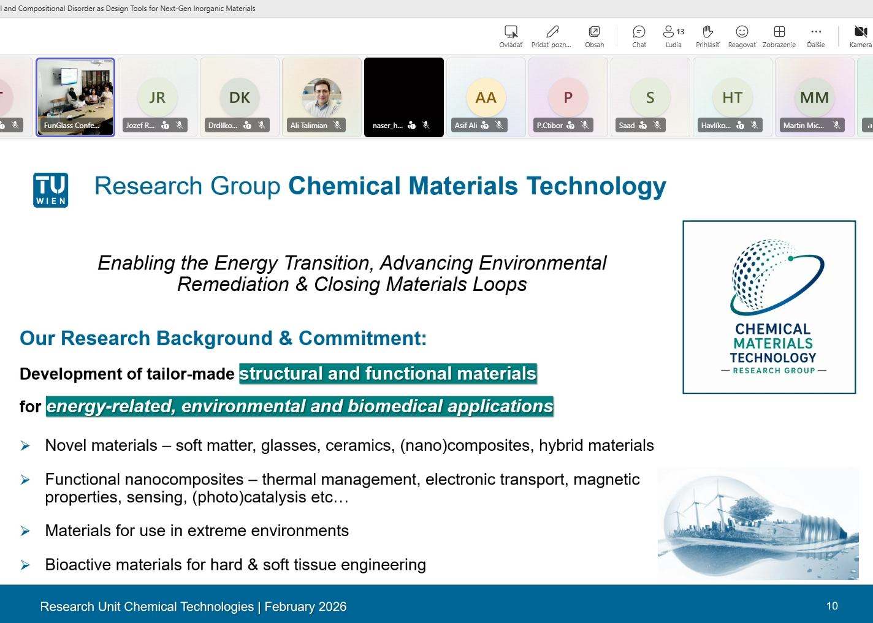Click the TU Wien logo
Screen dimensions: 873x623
[x=51, y=190]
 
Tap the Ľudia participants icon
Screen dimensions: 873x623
[x=669, y=31]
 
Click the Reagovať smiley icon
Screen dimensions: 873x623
[x=742, y=31]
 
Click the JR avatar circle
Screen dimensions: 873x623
[x=157, y=97]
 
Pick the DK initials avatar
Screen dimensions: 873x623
[x=239, y=97]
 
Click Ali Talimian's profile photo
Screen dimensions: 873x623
[x=321, y=97]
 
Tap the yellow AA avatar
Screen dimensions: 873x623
[x=486, y=97]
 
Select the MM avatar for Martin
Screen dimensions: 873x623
[x=814, y=97]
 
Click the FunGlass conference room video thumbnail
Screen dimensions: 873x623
[x=75, y=97]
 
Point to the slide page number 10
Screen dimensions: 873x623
[x=832, y=606]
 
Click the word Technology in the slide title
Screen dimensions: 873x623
[x=597, y=186]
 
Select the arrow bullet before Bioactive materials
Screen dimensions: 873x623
[x=25, y=565]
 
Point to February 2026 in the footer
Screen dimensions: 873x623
[x=305, y=606]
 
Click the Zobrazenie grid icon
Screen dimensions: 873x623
[x=779, y=31]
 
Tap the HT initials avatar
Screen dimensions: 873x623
[x=732, y=97]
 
